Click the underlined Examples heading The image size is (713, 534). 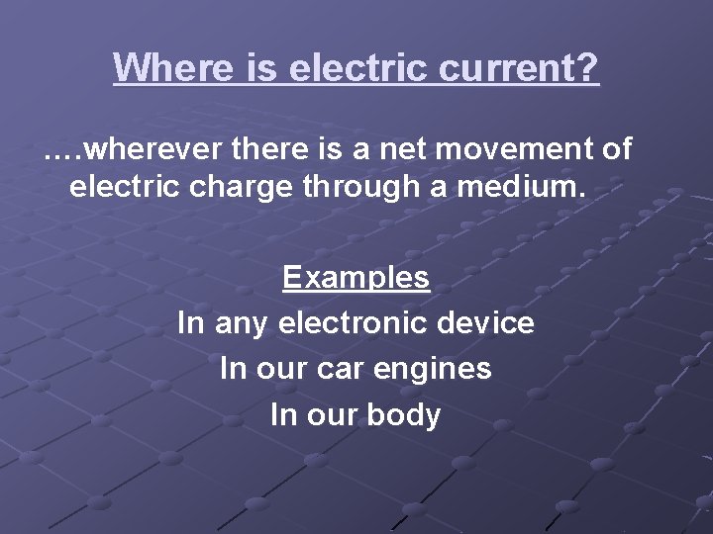356,278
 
